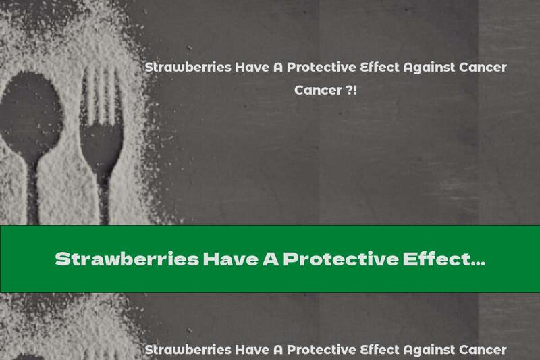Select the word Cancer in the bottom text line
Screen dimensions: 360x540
click(482, 350)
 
